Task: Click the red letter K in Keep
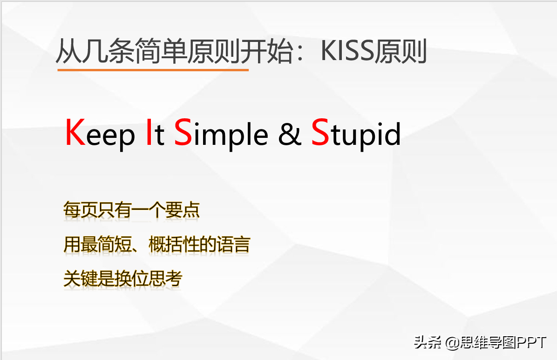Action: point(75,132)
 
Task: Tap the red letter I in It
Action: point(149,132)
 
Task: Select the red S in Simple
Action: point(183,132)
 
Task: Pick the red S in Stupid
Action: point(320,132)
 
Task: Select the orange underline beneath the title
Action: point(153,70)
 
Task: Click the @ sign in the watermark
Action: point(452,343)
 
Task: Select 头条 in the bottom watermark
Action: point(428,343)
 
